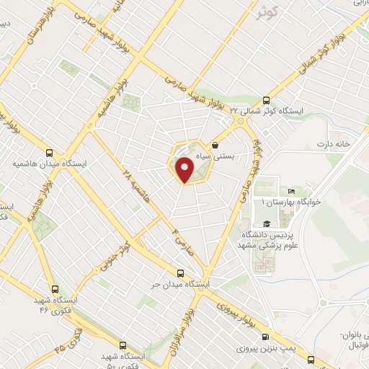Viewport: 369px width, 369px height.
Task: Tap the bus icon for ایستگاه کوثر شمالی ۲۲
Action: tap(266, 100)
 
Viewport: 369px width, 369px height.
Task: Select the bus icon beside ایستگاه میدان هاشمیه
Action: tap(49, 153)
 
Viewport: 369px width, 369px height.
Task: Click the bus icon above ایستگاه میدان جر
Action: tap(180, 273)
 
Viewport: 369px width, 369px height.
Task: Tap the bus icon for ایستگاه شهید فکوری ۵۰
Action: tap(123, 344)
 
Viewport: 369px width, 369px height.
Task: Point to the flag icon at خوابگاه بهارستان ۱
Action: tap(291, 190)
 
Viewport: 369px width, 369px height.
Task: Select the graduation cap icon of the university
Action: tap(267, 223)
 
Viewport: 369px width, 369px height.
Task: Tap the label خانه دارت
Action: tap(332, 144)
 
